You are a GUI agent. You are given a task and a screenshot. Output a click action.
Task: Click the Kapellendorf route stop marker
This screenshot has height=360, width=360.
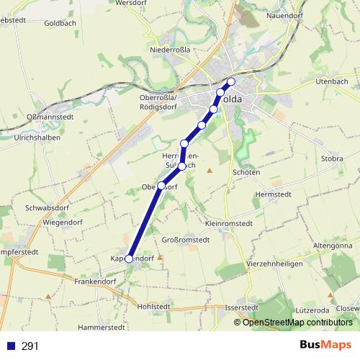tap(129, 259)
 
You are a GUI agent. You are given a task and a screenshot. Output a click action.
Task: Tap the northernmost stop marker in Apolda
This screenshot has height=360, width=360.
tap(231, 81)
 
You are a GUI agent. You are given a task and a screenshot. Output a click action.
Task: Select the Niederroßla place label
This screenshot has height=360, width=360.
tap(169, 50)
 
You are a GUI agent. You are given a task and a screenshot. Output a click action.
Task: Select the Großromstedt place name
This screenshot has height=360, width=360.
tap(185, 239)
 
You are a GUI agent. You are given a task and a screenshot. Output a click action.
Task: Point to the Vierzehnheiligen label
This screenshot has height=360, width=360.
tap(274, 264)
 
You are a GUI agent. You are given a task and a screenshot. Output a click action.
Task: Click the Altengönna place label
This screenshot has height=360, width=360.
tap(332, 246)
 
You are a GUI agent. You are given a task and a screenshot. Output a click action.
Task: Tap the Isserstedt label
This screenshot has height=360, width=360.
tap(240, 307)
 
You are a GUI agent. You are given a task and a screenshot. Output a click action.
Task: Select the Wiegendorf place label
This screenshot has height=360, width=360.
tap(65, 223)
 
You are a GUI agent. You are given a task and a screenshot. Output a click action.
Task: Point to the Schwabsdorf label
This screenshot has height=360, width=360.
tap(48, 207)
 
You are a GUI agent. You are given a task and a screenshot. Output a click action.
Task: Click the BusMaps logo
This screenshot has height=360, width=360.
tap(325, 345)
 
